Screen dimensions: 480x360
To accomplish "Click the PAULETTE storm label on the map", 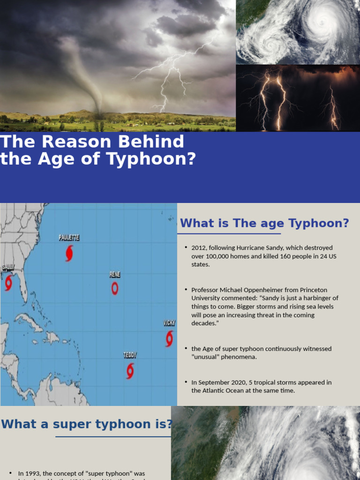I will (x=69, y=238).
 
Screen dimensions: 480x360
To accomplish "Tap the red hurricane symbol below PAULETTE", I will (x=69, y=253).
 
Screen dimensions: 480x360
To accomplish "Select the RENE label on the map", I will (x=115, y=275).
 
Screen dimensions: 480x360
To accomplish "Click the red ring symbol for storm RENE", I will (x=115, y=288).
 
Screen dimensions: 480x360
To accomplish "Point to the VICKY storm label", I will (x=169, y=323).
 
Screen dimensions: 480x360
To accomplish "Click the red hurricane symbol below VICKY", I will (x=169, y=338).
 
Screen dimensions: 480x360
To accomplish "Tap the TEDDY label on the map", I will (x=130, y=355).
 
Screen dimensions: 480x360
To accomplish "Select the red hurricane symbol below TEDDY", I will (x=130, y=371).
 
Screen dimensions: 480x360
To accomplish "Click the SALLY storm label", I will (x=8, y=267).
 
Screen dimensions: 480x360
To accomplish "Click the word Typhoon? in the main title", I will (x=151, y=159).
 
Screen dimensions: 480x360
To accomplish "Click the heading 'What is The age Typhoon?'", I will (x=264, y=223).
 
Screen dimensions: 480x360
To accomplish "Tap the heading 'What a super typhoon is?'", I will (x=87, y=424).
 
